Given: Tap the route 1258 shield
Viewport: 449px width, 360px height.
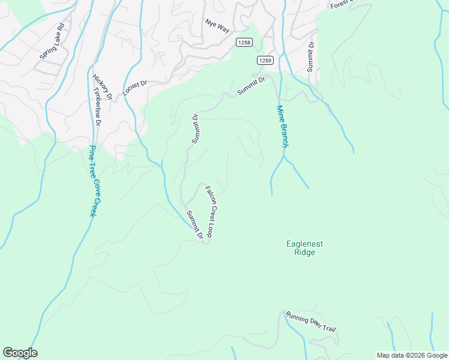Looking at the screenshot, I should pos(244,42).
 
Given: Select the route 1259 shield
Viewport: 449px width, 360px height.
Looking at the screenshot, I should pos(265,60).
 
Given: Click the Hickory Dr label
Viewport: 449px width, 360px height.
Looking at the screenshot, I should pos(103,86).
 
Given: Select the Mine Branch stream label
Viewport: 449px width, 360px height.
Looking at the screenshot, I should pos(282,127).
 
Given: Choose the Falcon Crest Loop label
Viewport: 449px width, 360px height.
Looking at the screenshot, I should pos(213,212).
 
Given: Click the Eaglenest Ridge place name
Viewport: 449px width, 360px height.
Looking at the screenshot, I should pos(305,248).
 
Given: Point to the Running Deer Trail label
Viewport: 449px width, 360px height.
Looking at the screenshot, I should pos(310,322).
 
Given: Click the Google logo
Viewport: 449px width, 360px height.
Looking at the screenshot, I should pos(20,353).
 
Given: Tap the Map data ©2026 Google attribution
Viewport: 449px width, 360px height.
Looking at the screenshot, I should pos(412,355).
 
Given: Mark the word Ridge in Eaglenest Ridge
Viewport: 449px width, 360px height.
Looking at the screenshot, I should pos(305,253).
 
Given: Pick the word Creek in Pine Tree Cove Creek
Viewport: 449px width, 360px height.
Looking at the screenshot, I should pos(93,205).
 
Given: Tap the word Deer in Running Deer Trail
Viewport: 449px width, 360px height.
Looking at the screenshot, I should pos(313,323).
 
